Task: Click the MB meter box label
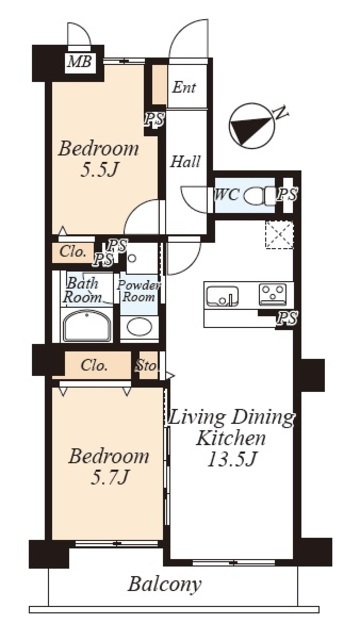[x=80, y=62]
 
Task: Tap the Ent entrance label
[x=184, y=87]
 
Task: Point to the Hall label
[x=185, y=162]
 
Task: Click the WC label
[x=227, y=195]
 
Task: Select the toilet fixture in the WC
[x=260, y=195]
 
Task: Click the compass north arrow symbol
[x=251, y=126]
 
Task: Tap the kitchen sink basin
[x=222, y=296]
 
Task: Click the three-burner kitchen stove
[x=273, y=294]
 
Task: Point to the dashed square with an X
[x=280, y=235]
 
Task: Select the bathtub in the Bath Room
[x=86, y=326]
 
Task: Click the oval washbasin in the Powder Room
[x=139, y=327]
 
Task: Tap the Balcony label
[x=164, y=584]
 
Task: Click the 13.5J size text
[x=231, y=460]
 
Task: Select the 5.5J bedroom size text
[x=99, y=169]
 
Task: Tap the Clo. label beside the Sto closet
[x=94, y=365]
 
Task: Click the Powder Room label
[x=139, y=291]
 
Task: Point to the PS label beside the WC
[x=287, y=195]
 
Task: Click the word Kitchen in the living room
[x=231, y=438]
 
